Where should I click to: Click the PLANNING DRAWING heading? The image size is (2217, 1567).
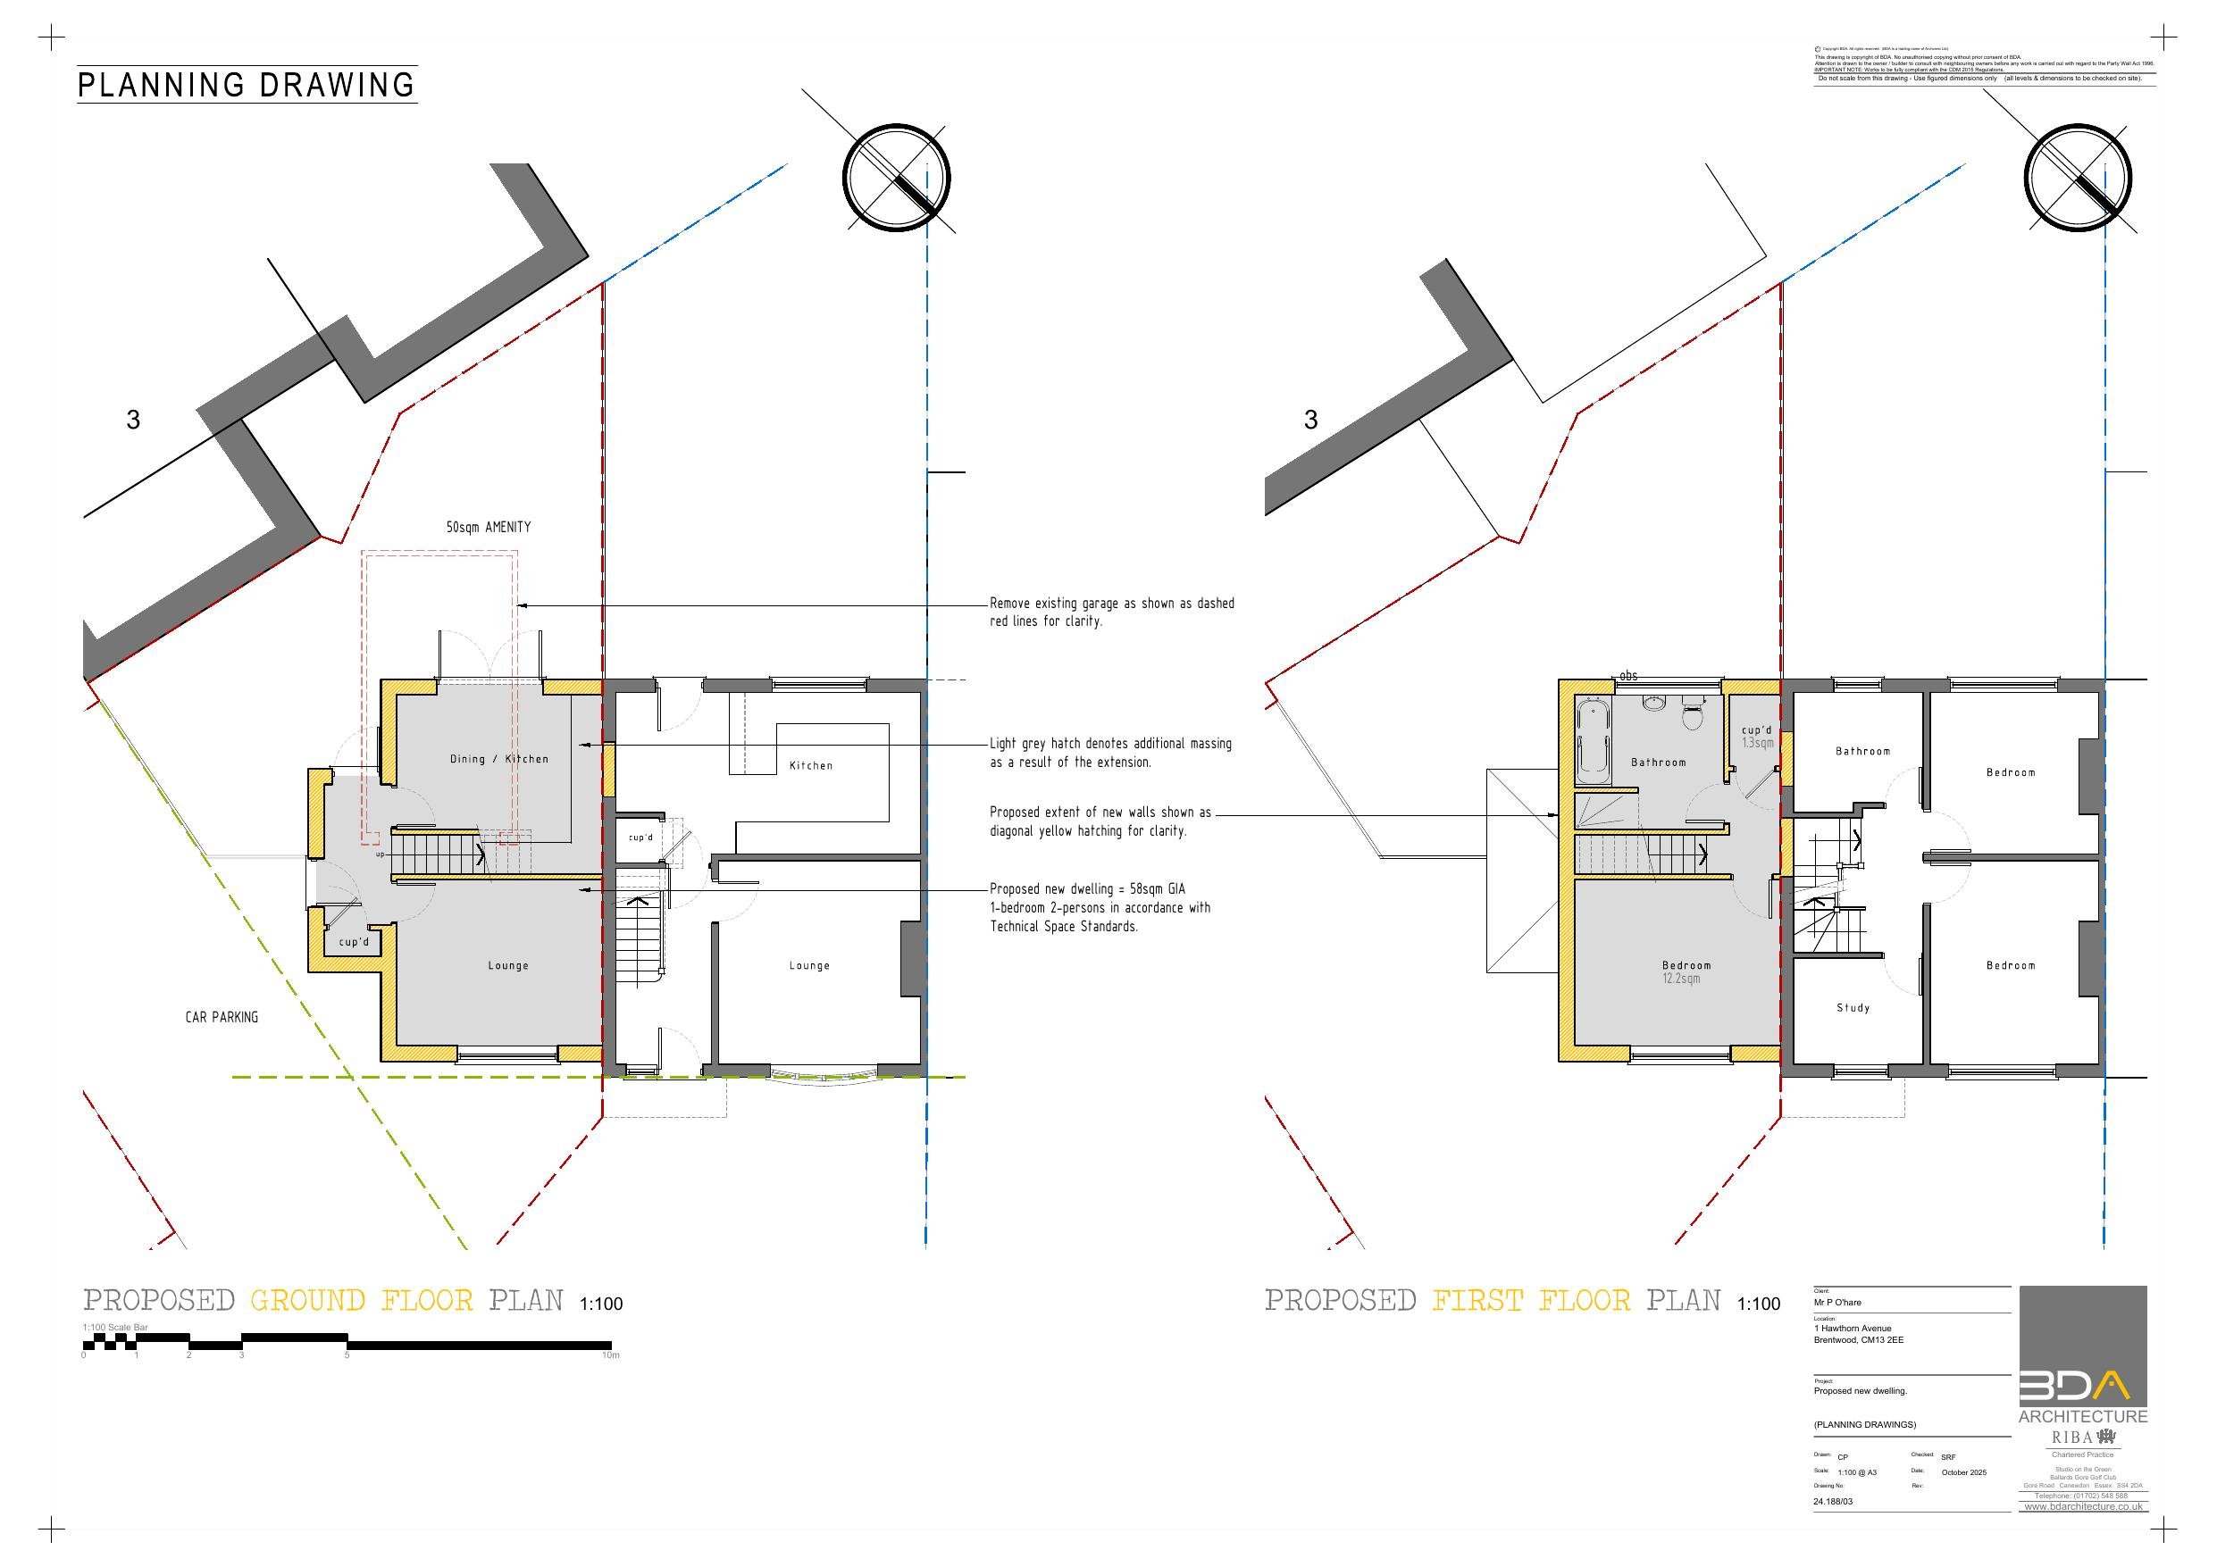247,85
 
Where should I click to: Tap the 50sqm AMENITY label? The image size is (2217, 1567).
488,527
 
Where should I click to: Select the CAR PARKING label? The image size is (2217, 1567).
222,1017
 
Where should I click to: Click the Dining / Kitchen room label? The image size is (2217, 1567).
499,759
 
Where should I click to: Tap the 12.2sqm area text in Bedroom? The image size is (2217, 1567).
1681,979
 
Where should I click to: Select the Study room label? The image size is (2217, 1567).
1853,1008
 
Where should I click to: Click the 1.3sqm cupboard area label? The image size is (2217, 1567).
1757,744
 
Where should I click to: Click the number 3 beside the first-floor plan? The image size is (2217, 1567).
1310,420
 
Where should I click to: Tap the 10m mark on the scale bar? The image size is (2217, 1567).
609,1354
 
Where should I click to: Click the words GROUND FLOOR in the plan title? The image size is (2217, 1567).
362,1301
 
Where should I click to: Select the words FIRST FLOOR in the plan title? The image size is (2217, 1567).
1530,1301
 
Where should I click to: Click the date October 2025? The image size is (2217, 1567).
1963,1472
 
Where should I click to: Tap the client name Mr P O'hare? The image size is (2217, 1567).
1836,1303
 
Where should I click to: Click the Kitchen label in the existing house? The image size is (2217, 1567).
810,765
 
